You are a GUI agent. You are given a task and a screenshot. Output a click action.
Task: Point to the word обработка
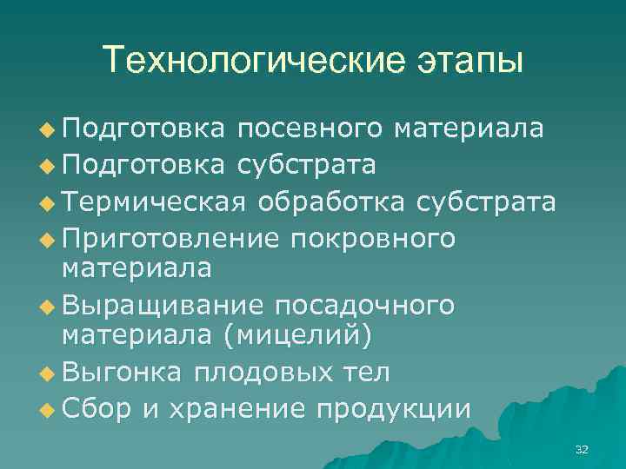(330, 202)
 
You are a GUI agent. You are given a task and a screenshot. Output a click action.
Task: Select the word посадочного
(363, 306)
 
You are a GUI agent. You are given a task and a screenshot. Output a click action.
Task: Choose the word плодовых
(261, 373)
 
